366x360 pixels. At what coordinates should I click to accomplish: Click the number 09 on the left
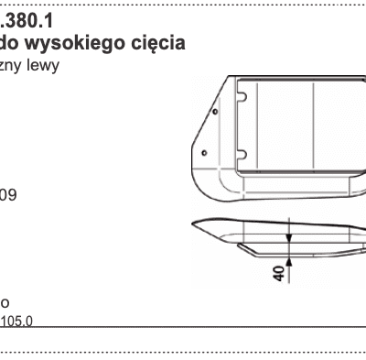coord(9,195)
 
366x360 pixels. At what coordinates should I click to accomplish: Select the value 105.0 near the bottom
coord(16,322)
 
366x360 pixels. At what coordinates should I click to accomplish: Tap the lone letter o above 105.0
coord(5,301)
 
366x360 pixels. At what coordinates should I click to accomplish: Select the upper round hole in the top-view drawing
coord(213,115)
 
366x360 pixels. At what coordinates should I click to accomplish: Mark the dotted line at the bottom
coord(183,352)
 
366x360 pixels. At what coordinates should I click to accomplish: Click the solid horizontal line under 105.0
coord(183,327)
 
